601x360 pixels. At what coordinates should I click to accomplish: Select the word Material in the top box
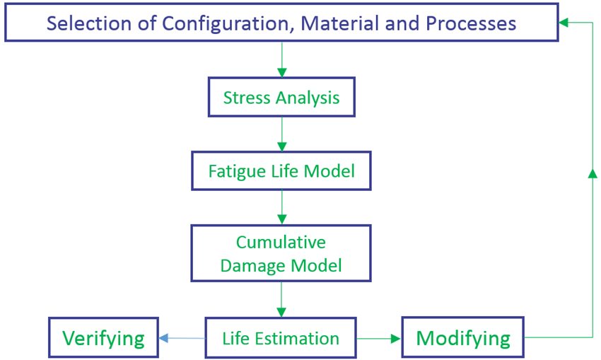(x=341, y=23)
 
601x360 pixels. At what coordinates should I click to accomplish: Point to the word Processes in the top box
(x=471, y=24)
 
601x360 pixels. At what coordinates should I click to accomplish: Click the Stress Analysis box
(x=281, y=97)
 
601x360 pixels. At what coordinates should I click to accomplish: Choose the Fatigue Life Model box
(x=281, y=170)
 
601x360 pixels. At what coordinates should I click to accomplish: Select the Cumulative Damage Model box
(x=281, y=253)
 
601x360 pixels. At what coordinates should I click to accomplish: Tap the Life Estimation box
(x=281, y=338)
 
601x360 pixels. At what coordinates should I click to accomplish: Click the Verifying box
(x=103, y=337)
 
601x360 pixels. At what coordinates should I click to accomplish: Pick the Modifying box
(x=463, y=337)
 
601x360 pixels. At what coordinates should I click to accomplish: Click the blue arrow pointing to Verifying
(x=182, y=338)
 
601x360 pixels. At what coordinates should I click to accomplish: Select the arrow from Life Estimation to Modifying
(x=379, y=339)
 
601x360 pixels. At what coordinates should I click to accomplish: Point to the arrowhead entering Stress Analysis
(x=282, y=72)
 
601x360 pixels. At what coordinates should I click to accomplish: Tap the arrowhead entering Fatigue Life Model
(x=282, y=146)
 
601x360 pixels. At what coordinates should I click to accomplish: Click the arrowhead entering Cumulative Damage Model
(x=282, y=220)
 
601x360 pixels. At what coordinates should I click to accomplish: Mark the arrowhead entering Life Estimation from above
(x=281, y=312)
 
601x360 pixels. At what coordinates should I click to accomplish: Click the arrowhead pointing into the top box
(x=564, y=23)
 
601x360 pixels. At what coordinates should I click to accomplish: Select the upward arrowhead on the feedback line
(x=593, y=173)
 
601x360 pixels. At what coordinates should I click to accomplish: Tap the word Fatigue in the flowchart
(x=237, y=172)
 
